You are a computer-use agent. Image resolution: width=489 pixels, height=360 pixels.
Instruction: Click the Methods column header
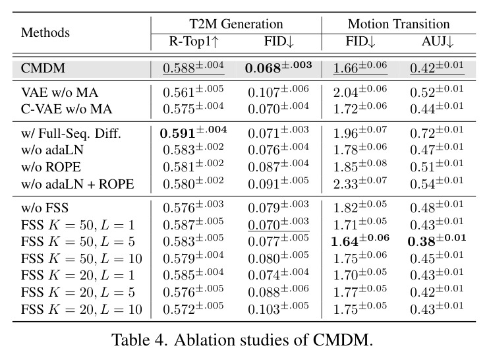45,32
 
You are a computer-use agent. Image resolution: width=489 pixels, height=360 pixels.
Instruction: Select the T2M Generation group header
236,24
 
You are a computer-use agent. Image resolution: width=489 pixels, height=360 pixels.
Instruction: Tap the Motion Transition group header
399,24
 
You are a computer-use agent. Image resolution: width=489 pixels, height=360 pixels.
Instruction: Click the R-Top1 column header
194,42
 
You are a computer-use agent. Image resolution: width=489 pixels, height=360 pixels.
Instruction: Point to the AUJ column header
437,42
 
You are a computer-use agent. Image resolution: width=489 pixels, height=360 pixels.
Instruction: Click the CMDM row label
43,69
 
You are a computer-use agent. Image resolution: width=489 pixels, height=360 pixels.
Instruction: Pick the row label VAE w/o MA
59,93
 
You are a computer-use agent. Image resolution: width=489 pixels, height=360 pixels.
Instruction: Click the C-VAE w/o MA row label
67,109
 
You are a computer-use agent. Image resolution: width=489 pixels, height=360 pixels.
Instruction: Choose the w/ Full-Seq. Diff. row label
71,134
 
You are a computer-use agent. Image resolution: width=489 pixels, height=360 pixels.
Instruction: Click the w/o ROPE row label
51,167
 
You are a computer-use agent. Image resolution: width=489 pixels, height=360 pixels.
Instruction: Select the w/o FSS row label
45,208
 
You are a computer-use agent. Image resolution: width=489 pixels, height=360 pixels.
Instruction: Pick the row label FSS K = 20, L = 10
82,309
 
